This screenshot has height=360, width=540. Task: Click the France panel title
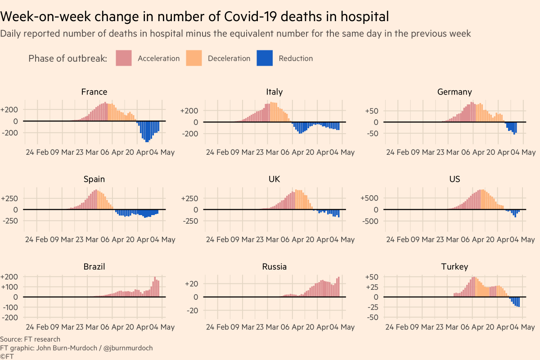click(94, 92)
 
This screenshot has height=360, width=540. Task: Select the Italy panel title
click(274, 92)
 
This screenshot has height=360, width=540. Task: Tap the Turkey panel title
click(454, 266)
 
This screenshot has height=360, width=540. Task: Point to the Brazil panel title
click(94, 266)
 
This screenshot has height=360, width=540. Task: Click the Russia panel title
click(274, 266)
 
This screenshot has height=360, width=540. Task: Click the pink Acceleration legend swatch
click(123, 58)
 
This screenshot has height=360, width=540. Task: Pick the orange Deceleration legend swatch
click(193, 58)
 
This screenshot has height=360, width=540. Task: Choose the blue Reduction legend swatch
click(265, 58)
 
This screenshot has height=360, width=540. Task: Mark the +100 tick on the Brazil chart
click(10, 287)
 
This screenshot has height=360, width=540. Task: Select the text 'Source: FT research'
click(30, 339)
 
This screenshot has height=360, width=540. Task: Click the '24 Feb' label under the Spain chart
click(36, 239)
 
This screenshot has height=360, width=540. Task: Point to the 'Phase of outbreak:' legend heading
click(67, 58)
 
